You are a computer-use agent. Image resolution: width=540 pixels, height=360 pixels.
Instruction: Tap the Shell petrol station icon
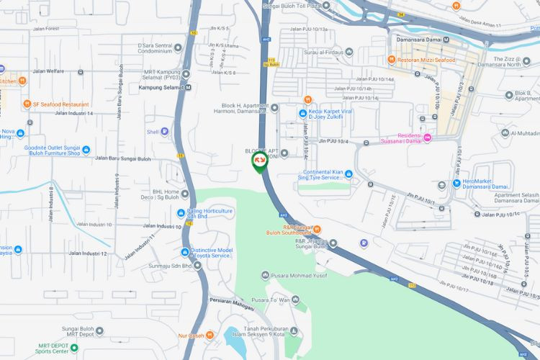coord(165,132)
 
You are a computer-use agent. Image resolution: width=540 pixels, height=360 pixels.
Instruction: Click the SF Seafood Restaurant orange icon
coord(26,104)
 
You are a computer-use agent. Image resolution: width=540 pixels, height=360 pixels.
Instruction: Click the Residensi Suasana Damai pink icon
coord(427,138)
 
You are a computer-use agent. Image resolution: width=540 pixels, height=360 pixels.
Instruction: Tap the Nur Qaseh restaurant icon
coord(210,335)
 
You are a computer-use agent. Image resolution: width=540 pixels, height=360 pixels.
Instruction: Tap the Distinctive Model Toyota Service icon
coord(185,252)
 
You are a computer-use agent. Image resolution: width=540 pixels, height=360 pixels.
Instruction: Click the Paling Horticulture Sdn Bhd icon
coord(181,212)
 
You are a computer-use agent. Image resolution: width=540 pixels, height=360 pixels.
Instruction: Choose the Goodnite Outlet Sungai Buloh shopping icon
coord(86,150)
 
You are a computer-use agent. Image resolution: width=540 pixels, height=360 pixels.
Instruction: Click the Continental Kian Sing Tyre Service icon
coord(348,174)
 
